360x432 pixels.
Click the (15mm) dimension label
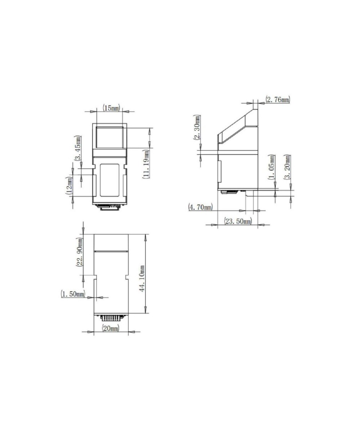click(x=111, y=108)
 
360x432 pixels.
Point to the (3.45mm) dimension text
click(x=78, y=148)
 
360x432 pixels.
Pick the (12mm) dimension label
click(x=69, y=185)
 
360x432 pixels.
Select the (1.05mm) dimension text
click(x=272, y=167)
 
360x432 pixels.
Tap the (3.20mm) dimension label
click(x=288, y=167)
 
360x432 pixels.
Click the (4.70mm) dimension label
click(x=201, y=207)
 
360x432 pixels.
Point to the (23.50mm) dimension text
click(x=238, y=221)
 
